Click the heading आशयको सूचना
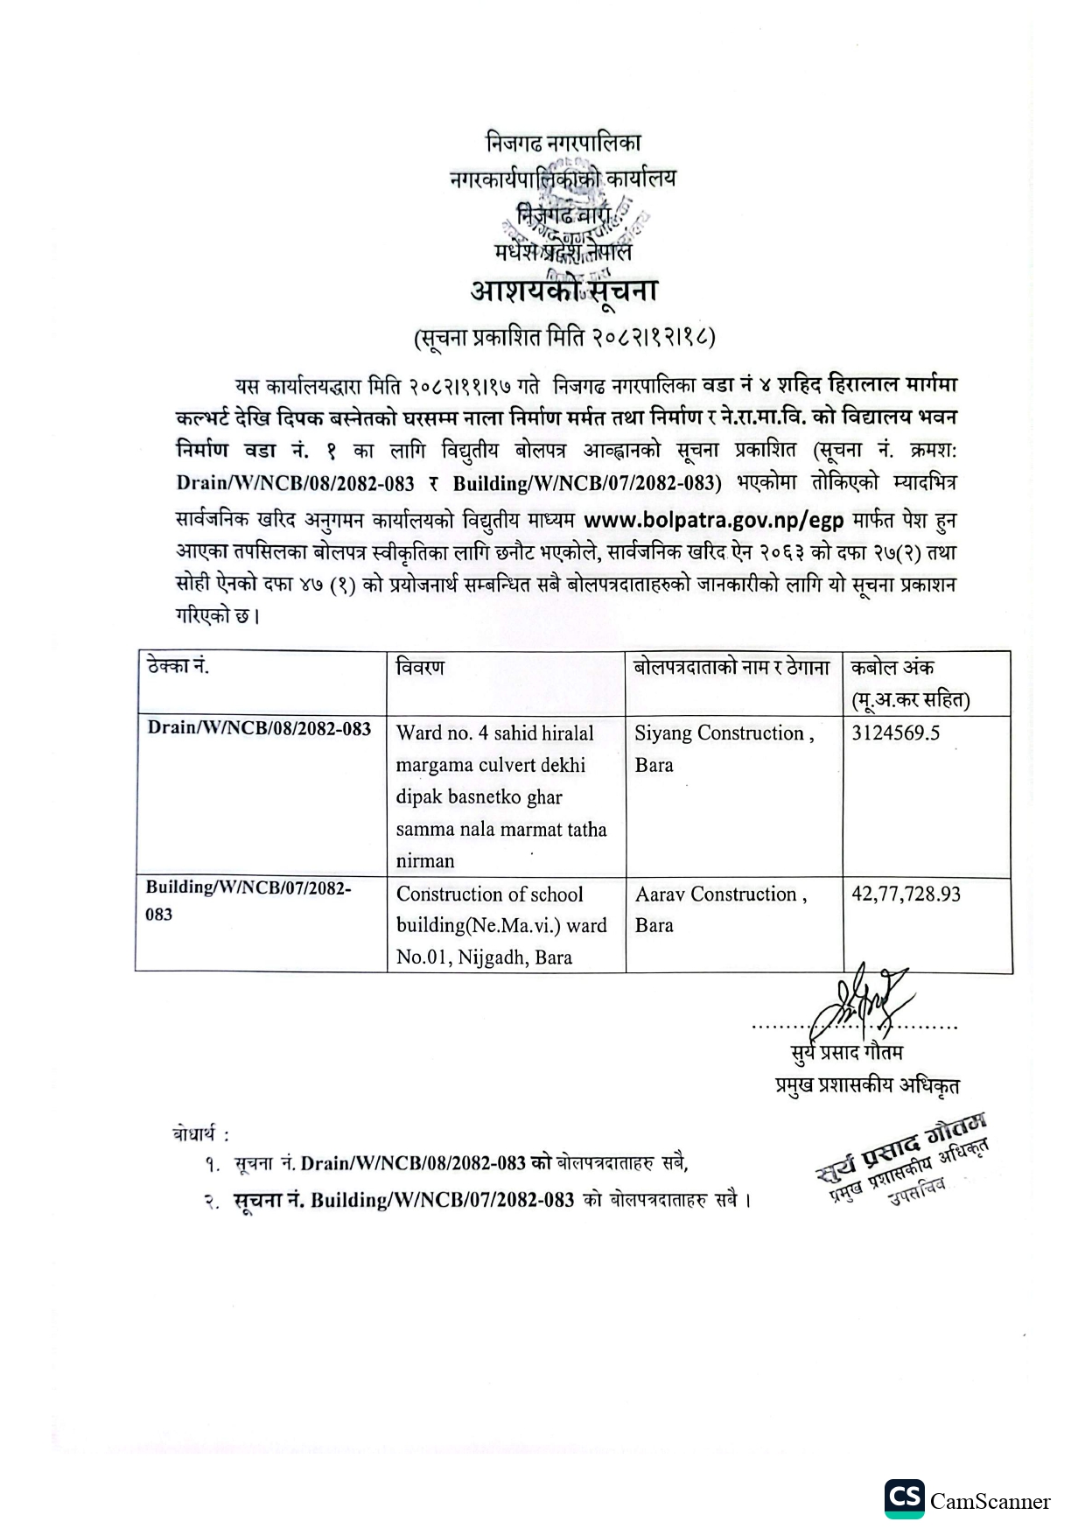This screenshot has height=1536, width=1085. click(563, 291)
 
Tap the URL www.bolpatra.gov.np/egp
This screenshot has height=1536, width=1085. click(713, 521)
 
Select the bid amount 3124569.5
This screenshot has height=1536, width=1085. click(895, 733)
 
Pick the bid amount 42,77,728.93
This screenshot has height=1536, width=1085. click(906, 894)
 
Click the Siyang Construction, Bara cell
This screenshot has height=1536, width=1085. click(724, 748)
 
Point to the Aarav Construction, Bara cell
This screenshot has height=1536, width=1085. click(721, 909)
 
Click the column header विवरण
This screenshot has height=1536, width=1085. click(420, 668)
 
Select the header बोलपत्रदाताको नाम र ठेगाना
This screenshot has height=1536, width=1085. click(732, 668)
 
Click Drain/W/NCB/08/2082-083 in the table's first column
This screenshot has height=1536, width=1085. click(259, 729)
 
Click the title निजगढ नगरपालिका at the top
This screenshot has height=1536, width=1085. click(563, 143)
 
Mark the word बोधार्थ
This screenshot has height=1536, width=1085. click(199, 1134)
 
